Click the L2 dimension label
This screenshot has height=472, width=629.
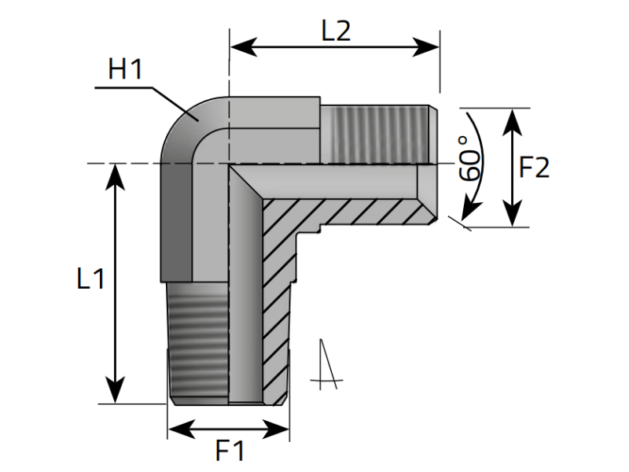336,31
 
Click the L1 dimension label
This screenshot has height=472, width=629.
90,279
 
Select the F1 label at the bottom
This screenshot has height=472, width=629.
230,452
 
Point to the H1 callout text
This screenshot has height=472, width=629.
125,71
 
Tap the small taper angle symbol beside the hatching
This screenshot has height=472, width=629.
327,366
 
